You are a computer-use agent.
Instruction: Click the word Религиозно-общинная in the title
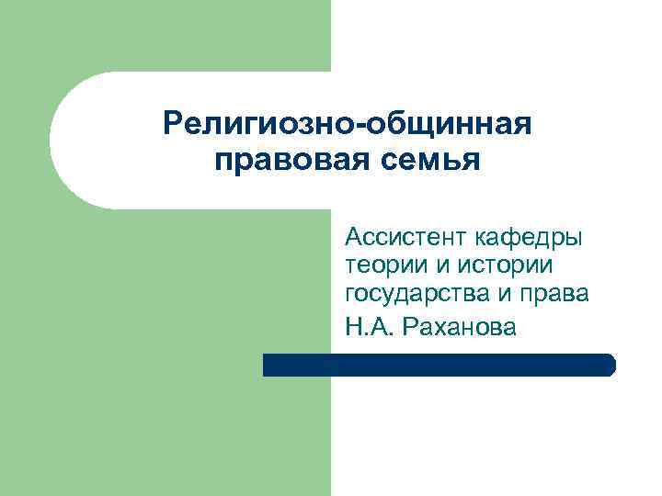click(348, 124)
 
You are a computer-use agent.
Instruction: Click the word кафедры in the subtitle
click(530, 240)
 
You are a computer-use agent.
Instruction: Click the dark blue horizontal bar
click(439, 365)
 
